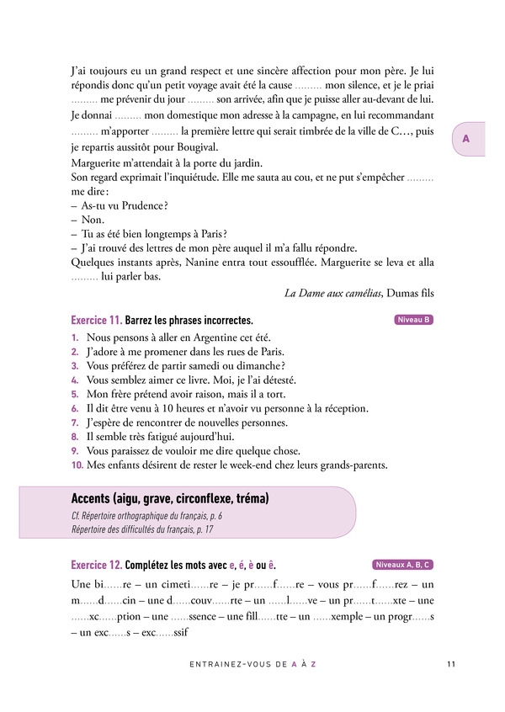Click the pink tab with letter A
465,140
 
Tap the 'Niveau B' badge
413,320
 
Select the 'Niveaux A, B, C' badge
403,565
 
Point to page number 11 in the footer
451,664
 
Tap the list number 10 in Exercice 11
77,465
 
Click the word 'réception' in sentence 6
342,408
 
